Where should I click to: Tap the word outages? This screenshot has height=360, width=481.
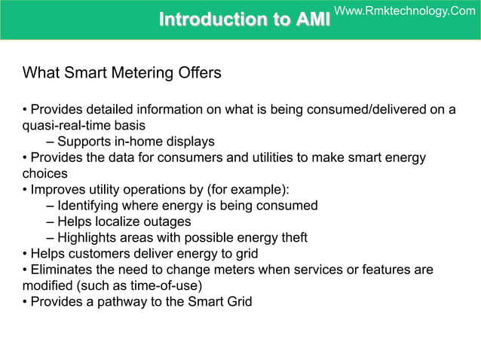tap(168, 221)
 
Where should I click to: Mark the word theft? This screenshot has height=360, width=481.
tap(292, 238)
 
